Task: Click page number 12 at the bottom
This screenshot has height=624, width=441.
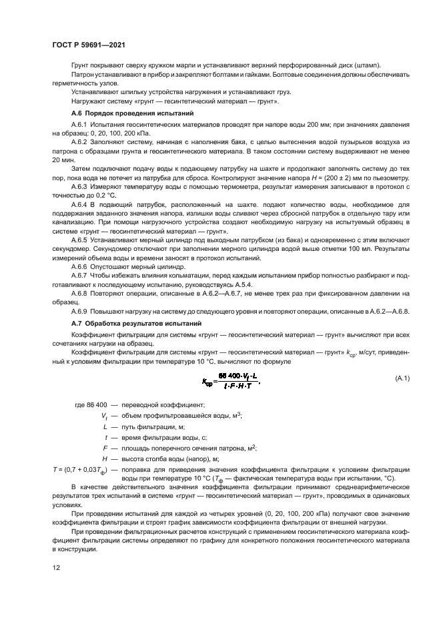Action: tap(55, 569)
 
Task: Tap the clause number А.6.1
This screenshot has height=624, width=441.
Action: tap(80, 125)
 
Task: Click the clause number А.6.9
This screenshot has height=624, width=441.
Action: tap(80, 312)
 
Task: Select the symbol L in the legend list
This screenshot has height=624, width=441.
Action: tap(105, 425)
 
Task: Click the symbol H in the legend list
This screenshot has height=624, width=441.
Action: tap(105, 460)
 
